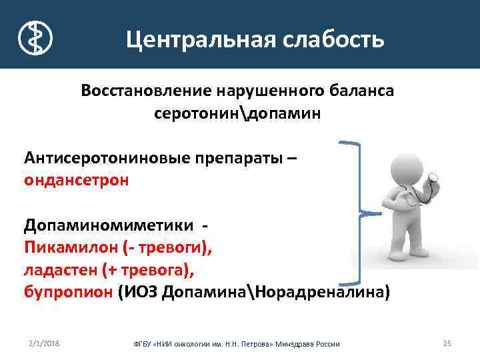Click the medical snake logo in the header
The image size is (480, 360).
35,37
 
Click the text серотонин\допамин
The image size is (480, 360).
237,113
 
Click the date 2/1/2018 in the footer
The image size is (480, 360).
44,343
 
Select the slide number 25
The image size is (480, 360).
447,343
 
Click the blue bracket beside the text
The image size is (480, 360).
360,213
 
